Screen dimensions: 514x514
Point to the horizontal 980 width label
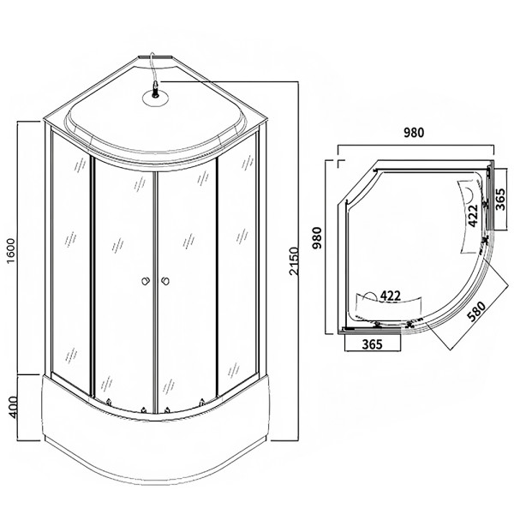[416, 133]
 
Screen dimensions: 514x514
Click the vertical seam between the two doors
[154, 274]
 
